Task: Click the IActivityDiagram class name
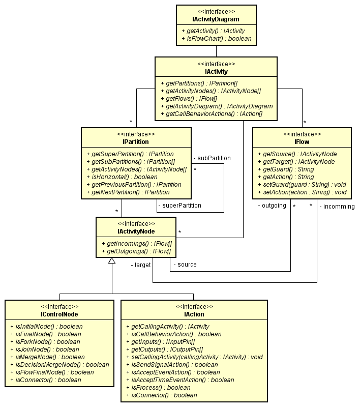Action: tap(216, 19)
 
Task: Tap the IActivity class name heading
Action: tap(216, 72)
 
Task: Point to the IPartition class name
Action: tap(136, 142)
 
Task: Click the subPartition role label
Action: tap(212, 158)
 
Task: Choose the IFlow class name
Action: tap(302, 142)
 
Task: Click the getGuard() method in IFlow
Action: tap(286, 169)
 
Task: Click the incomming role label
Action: tap(337, 207)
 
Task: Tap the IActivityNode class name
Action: tap(136, 231)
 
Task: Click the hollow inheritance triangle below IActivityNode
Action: tap(112, 260)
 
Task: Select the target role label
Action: tap(141, 265)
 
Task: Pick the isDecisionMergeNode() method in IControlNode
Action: tap(59, 365)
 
